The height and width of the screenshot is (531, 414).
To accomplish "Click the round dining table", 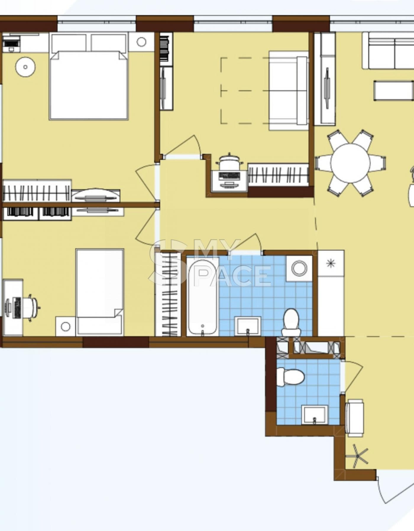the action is coord(350,163).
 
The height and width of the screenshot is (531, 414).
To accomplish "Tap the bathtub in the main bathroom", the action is coord(203,297).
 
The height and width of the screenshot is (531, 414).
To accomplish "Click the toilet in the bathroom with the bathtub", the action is coord(291,322).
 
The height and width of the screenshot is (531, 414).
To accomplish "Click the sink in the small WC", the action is coord(315,415).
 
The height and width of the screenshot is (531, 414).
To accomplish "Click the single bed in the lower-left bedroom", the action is coord(100,292).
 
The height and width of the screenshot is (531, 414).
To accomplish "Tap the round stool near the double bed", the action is coord(25,67).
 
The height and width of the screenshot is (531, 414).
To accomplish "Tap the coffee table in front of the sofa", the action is coord(394,91).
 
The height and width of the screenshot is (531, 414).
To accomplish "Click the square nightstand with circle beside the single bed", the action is coord(66,327).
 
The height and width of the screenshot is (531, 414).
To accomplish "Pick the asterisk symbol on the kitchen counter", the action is coord(331,263).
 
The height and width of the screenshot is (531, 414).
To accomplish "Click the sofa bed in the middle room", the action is coord(288,91).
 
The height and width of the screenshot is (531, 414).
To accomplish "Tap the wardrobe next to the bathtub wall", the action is coord(168,294).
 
